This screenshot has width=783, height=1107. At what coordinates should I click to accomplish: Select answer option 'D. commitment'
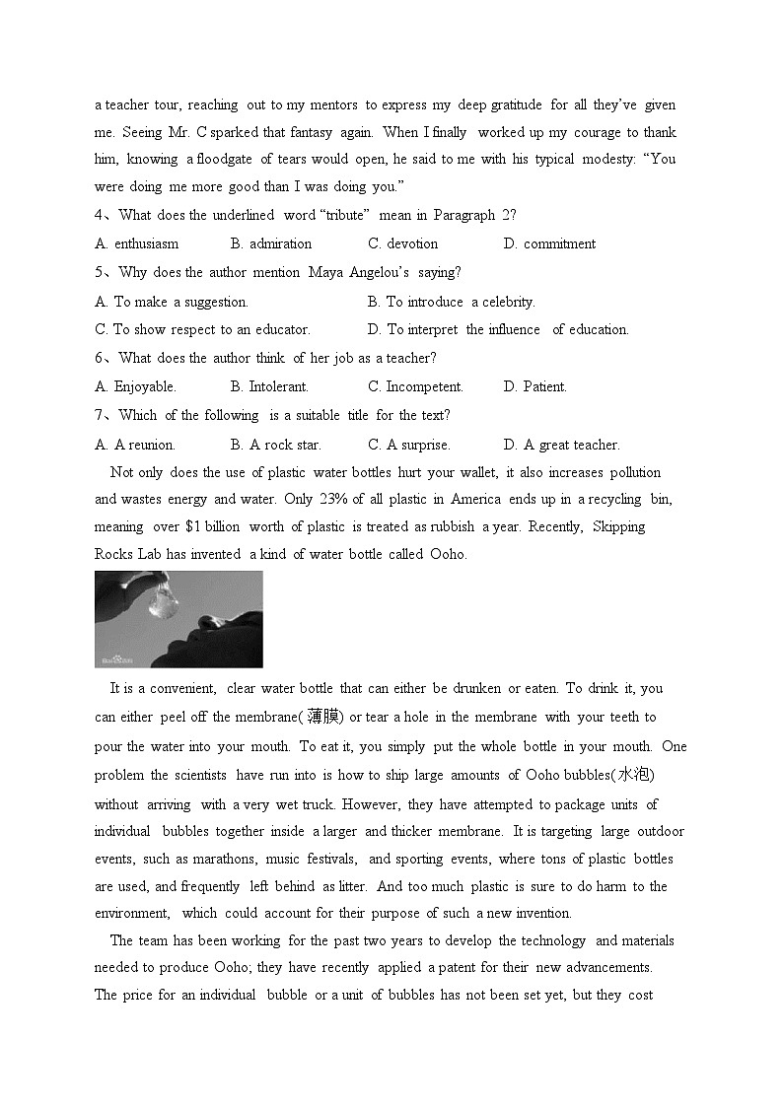(x=549, y=243)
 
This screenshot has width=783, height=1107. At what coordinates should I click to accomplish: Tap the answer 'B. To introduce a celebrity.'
(x=451, y=302)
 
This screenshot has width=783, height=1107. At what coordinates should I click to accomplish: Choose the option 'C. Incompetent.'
(x=415, y=386)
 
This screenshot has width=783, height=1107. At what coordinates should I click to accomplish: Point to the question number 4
(x=100, y=215)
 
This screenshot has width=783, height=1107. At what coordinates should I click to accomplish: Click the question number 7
(x=100, y=415)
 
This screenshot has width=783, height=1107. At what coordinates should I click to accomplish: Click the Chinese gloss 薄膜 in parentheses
(x=324, y=717)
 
